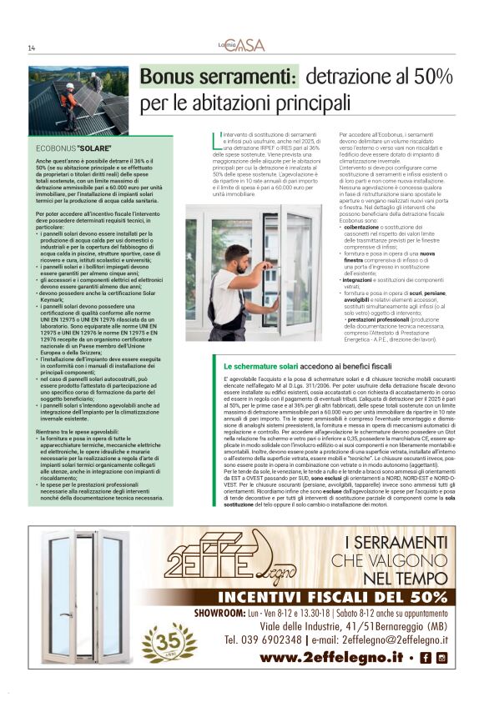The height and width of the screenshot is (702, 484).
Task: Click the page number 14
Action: click(x=31, y=48)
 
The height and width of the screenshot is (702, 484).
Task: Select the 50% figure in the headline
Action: click(x=430, y=78)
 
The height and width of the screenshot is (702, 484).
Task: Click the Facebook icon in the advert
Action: click(x=427, y=658)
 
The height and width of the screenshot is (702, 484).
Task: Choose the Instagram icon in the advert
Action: click(x=441, y=658)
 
